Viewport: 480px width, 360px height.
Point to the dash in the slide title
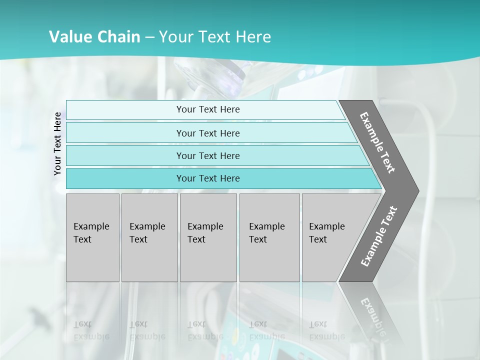149,37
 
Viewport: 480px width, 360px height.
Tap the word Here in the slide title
253,37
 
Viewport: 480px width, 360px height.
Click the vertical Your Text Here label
57,144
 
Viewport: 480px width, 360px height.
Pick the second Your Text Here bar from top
207,133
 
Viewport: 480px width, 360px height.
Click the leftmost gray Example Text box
92,237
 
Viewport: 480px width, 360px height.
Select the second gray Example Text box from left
149,237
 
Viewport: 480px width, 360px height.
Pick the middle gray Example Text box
208,237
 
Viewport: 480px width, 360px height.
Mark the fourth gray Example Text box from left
269,237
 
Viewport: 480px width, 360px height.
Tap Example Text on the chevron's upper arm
378,142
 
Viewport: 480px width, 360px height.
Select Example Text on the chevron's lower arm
379,236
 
